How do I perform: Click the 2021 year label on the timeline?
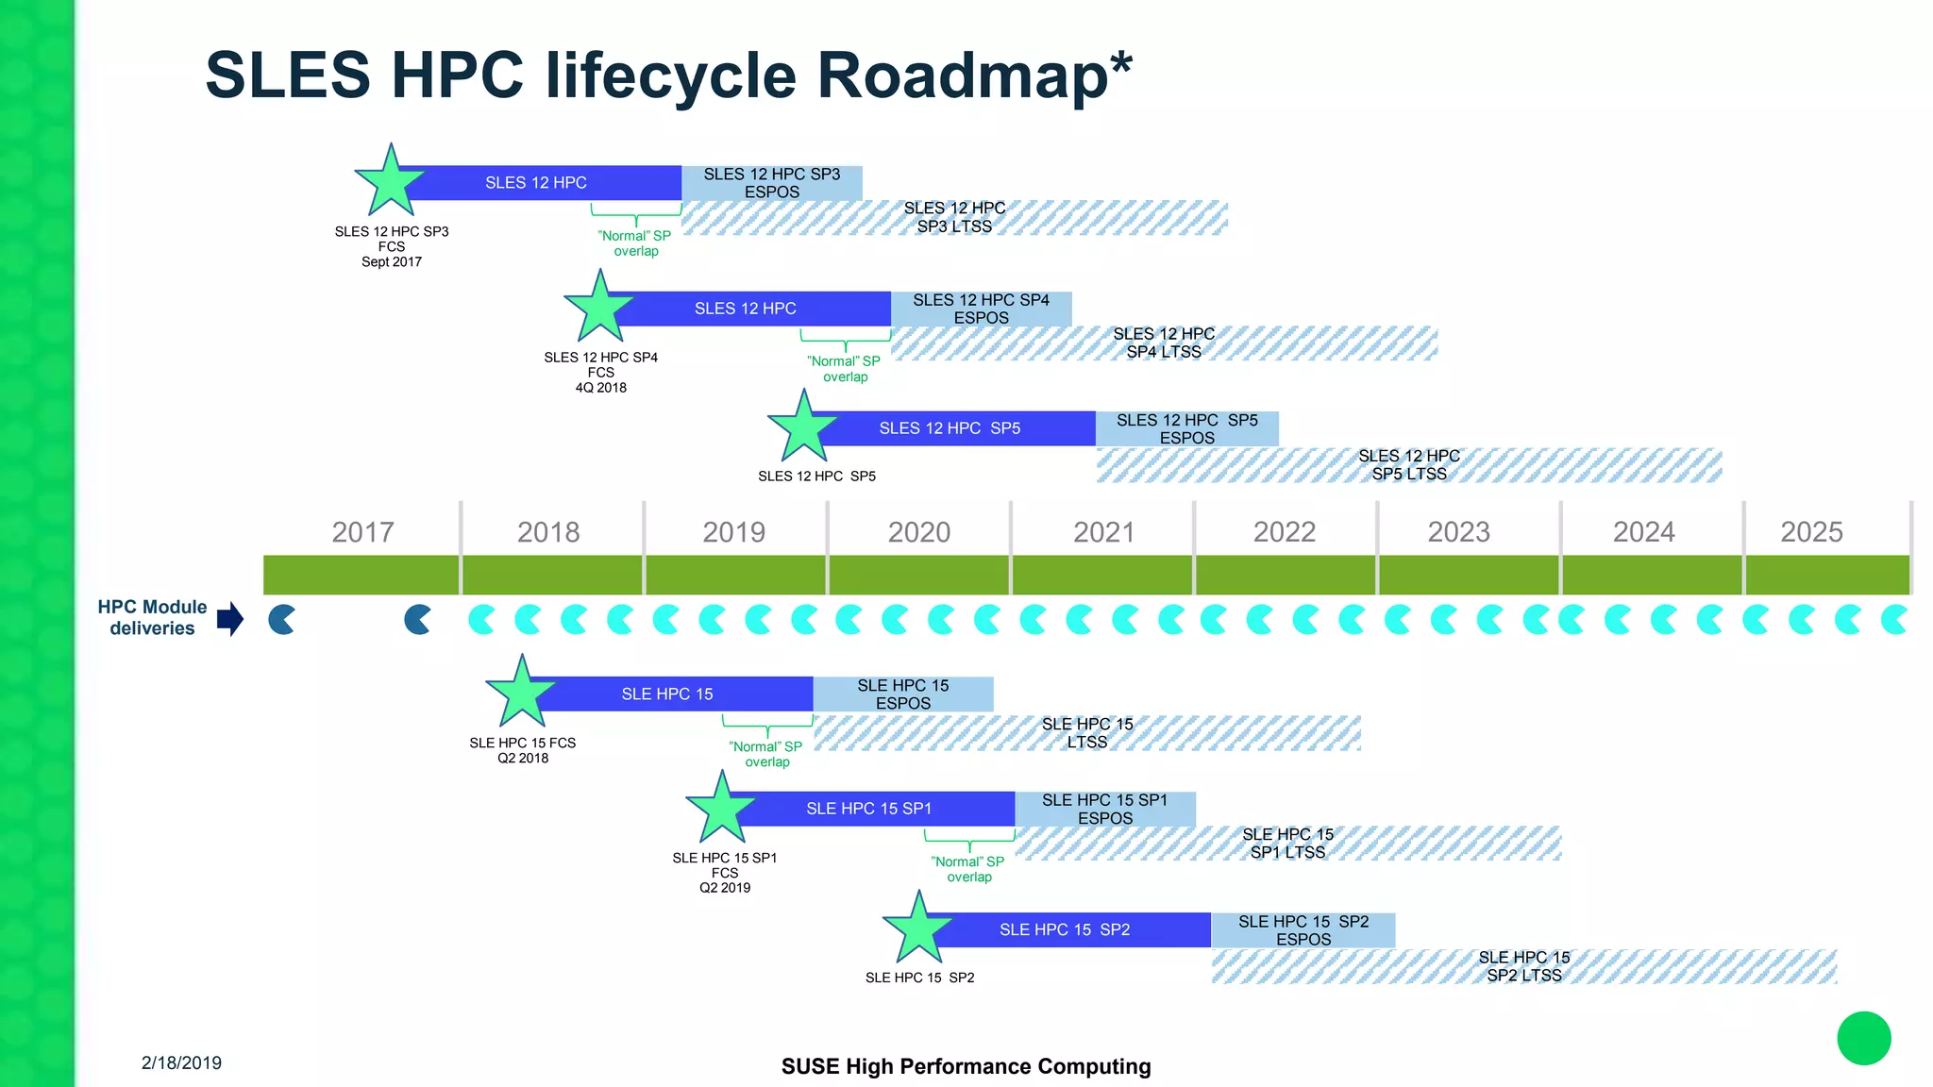(x=1103, y=532)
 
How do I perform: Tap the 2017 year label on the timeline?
(x=362, y=532)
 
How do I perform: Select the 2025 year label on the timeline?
(x=1811, y=532)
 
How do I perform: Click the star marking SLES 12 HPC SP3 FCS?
(x=390, y=181)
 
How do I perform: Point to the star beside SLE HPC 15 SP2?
(x=917, y=928)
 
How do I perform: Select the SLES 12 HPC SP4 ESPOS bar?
(x=981, y=309)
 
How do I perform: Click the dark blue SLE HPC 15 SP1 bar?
(x=868, y=809)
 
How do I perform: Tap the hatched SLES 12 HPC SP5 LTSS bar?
(x=1408, y=465)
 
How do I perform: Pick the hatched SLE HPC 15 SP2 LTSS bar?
(x=1523, y=966)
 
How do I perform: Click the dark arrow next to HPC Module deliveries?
(x=230, y=619)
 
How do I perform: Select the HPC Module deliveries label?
(x=152, y=618)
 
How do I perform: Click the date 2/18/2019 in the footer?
(x=181, y=1062)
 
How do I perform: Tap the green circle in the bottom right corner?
(x=1863, y=1038)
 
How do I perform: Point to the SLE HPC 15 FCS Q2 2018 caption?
(x=522, y=750)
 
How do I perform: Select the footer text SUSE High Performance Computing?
(x=966, y=1066)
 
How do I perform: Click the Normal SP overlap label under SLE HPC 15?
(x=766, y=754)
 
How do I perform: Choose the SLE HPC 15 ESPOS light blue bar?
(x=902, y=694)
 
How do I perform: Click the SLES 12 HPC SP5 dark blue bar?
(x=950, y=428)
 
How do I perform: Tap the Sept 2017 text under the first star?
(x=391, y=262)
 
